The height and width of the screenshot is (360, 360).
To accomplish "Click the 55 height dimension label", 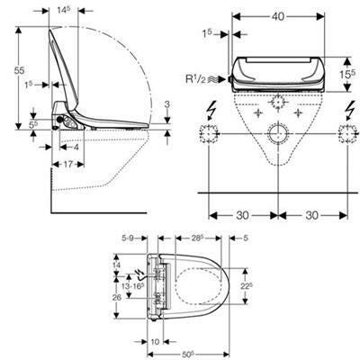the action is pyautogui.click(x=20, y=71).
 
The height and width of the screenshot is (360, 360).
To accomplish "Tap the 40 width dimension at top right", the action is pyautogui.click(x=278, y=17).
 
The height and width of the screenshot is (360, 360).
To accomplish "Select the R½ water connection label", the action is pyautogui.click(x=196, y=79).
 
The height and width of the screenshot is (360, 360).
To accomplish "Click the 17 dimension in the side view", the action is pyautogui.click(x=68, y=164).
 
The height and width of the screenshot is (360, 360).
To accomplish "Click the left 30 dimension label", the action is pyautogui.click(x=242, y=215).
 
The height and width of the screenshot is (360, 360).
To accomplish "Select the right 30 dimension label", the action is pyautogui.click(x=312, y=215).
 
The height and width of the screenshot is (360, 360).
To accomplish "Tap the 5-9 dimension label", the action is pyautogui.click(x=127, y=238).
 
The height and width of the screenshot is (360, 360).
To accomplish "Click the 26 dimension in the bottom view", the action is pyautogui.click(x=117, y=297).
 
